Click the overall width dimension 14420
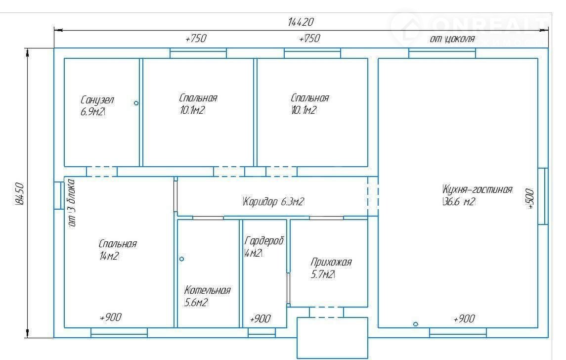pos(301,22)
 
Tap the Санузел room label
pos(97,100)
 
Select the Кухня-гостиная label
pos(477,189)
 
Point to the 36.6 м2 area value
pos(459,201)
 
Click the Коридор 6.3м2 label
pos(273,201)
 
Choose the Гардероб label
pos(264,241)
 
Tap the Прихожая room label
pos(331,262)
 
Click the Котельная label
pos(207,290)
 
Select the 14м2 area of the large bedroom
pos(109,256)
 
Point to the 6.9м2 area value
pos(92,112)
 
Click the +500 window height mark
pos(529,198)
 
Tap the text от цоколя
pos(452,39)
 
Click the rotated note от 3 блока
pos(72,203)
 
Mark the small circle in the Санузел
pos(136,103)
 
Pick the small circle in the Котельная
pos(181,259)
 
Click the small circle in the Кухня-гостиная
pos(415,324)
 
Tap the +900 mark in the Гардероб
pos(260,318)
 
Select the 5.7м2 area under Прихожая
pos(323,274)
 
